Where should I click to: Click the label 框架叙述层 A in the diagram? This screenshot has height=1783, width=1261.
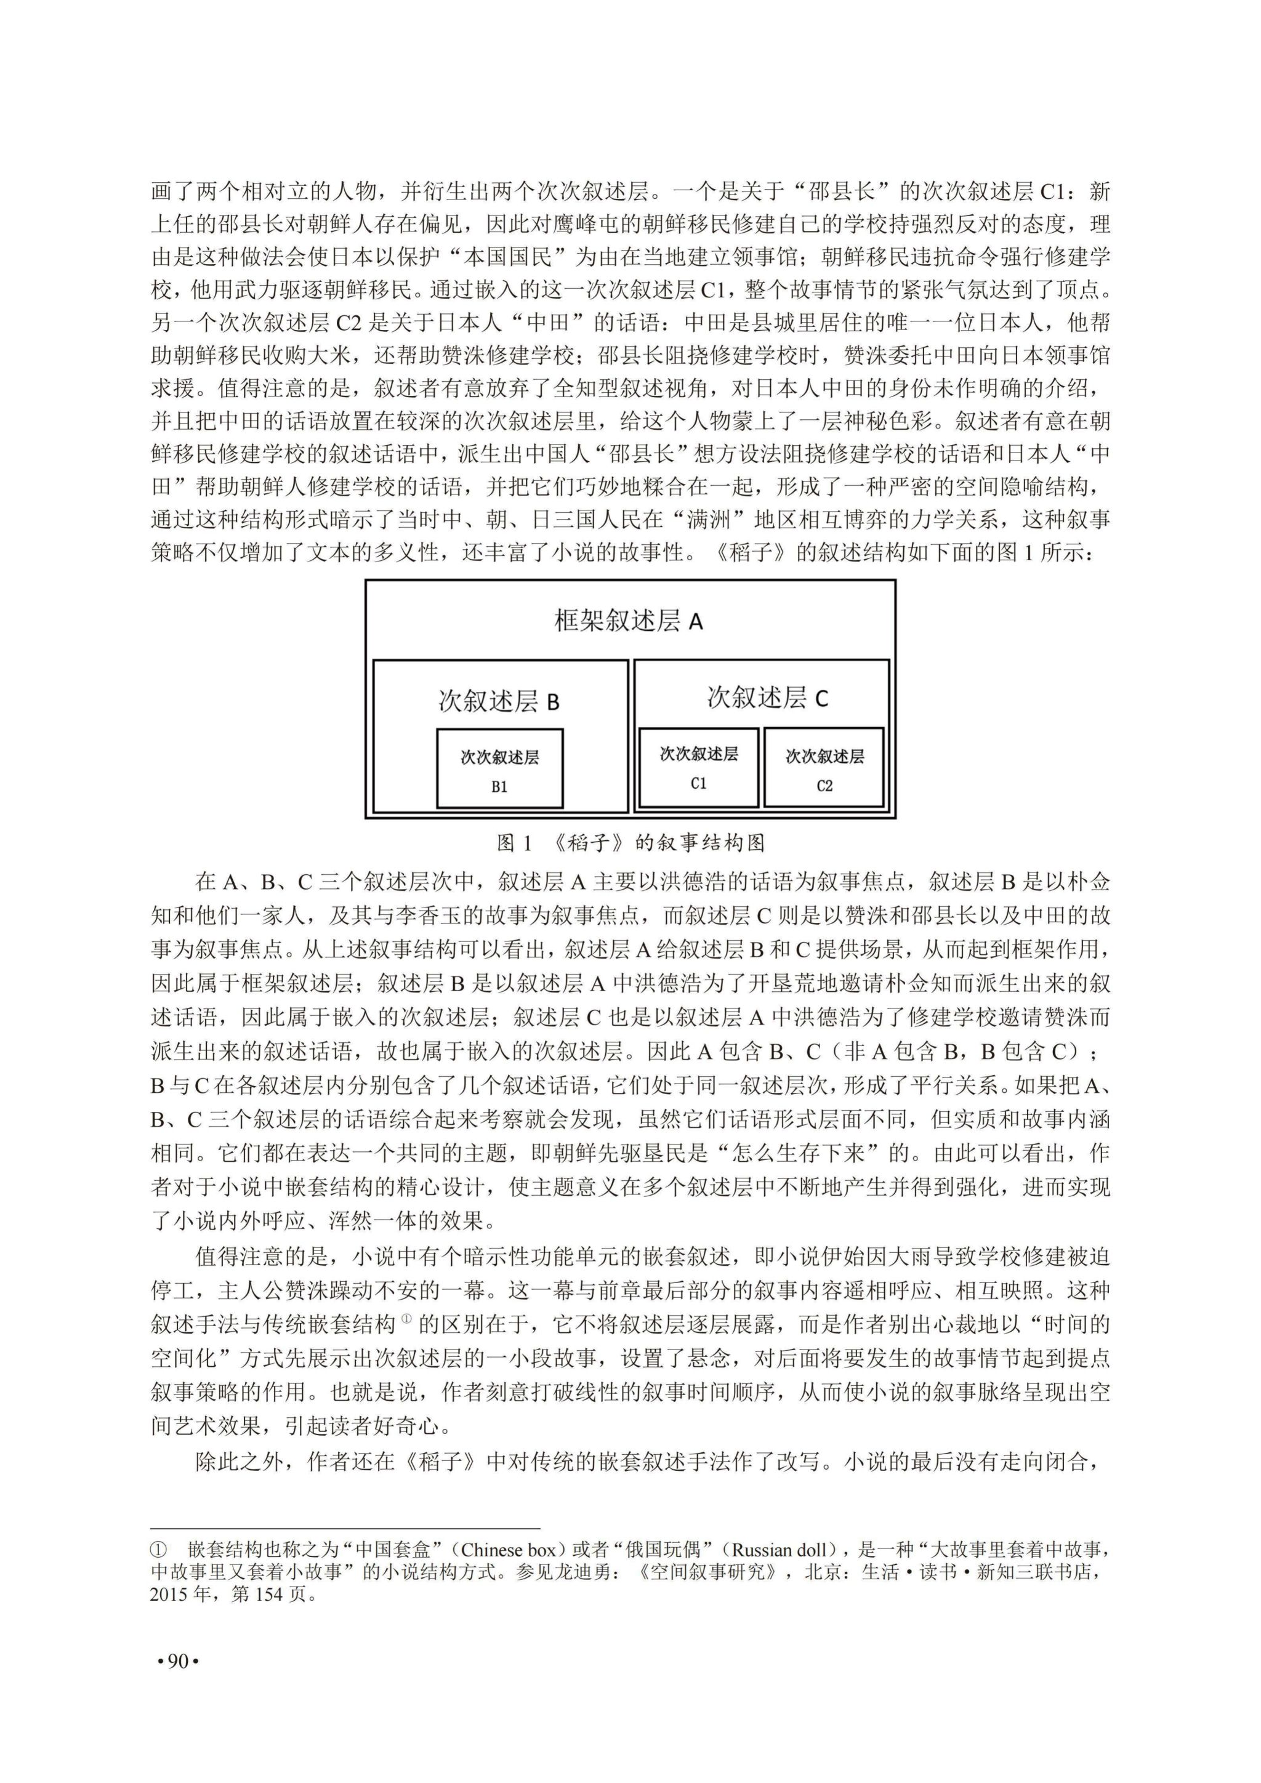[x=628, y=621]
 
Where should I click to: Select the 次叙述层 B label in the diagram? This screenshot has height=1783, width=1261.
[x=499, y=701]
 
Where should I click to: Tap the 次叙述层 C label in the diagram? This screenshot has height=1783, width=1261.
[x=767, y=698]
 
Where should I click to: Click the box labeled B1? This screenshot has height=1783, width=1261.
[x=499, y=769]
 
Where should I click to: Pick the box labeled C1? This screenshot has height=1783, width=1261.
[x=698, y=767]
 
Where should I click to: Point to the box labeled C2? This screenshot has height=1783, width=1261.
[x=824, y=768]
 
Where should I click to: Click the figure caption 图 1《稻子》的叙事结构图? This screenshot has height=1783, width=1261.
[x=630, y=843]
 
